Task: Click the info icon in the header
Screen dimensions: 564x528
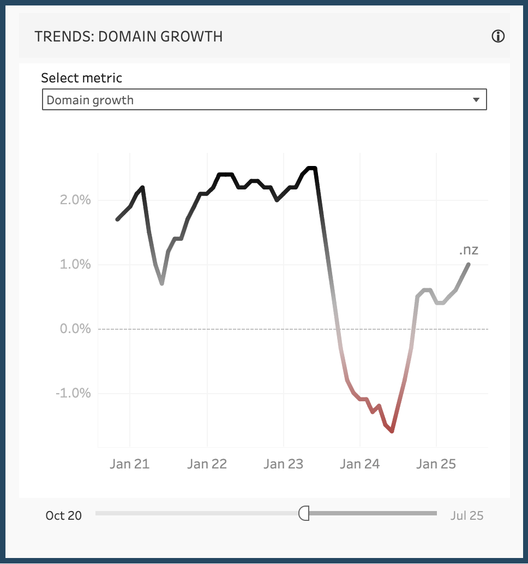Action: tap(498, 37)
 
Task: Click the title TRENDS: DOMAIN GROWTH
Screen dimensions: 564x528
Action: tap(128, 37)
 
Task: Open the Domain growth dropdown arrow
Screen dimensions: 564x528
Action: tap(476, 100)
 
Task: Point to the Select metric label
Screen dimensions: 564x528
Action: tap(82, 78)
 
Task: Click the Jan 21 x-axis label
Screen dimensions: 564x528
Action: tap(129, 464)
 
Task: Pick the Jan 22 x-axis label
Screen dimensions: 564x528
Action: tap(207, 464)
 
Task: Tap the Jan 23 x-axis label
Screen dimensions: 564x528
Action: tap(283, 464)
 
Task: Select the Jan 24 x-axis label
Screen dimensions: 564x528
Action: tap(359, 464)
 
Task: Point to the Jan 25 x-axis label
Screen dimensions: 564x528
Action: tap(436, 464)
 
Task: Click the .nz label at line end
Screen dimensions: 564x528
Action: tap(469, 251)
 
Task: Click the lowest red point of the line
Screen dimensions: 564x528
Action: tap(392, 431)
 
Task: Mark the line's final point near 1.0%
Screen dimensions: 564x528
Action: tap(469, 265)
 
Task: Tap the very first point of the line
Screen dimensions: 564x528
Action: tap(117, 219)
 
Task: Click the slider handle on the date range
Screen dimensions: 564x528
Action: tap(304, 513)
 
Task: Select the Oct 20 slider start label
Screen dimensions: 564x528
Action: tap(64, 515)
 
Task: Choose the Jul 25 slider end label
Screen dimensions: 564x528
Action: tap(467, 515)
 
